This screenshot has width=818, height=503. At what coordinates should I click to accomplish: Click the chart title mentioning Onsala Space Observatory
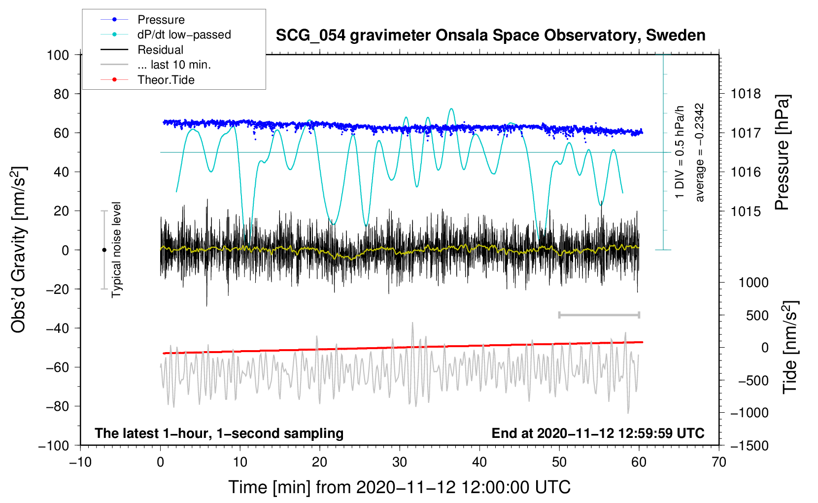(x=490, y=36)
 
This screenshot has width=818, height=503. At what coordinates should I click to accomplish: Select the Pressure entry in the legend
(x=161, y=20)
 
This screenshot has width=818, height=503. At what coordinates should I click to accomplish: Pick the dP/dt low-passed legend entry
(x=184, y=35)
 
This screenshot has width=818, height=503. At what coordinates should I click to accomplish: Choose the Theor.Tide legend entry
(x=166, y=80)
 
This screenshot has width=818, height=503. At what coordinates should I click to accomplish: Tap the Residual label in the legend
(x=160, y=50)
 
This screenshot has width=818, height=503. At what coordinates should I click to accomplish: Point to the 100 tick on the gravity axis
(x=58, y=55)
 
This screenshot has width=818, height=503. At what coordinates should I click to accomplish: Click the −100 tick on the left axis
(x=54, y=445)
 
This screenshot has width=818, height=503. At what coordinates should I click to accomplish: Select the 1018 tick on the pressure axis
(x=746, y=94)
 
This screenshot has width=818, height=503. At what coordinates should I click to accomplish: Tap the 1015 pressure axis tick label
(x=746, y=211)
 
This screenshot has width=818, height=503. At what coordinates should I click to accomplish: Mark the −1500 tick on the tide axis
(x=749, y=445)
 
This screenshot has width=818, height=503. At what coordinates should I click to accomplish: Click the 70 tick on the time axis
(x=719, y=462)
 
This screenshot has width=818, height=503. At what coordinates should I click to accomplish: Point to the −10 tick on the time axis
(x=80, y=462)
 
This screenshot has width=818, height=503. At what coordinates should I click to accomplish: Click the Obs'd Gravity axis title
(x=19, y=250)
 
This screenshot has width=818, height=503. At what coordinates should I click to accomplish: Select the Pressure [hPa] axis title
(x=782, y=152)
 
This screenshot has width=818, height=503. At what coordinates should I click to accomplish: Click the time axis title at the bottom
(x=399, y=487)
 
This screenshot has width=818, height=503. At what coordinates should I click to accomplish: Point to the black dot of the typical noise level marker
(x=104, y=250)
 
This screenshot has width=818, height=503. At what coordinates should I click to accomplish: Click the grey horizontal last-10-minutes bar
(x=599, y=315)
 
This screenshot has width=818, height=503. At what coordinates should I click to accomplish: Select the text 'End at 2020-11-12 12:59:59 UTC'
(x=598, y=433)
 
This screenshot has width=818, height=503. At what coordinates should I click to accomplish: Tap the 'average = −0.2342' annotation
(x=700, y=152)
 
